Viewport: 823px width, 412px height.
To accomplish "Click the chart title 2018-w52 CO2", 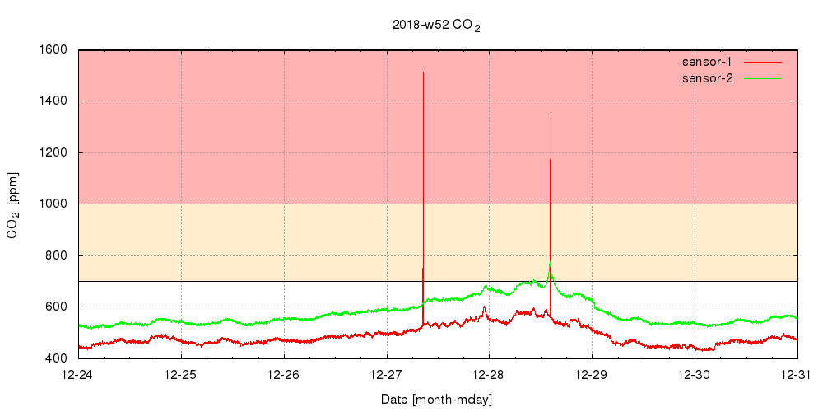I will click(436, 26).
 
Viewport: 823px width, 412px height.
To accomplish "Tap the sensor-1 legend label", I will click(707, 62).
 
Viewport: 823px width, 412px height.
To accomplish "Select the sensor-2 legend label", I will click(707, 78).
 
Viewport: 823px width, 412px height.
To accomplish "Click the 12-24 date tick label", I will click(78, 375).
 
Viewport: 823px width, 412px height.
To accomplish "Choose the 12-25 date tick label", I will click(181, 375).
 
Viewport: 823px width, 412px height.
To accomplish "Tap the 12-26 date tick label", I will click(284, 375).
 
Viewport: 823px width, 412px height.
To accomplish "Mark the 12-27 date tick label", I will click(387, 375).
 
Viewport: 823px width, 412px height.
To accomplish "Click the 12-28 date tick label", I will click(490, 375).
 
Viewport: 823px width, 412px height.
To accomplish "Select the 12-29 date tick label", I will click(593, 375).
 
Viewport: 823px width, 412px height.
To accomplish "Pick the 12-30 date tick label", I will click(695, 375).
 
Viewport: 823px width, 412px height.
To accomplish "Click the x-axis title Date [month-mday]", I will click(436, 400).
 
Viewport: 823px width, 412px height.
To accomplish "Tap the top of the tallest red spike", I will click(423, 73).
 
